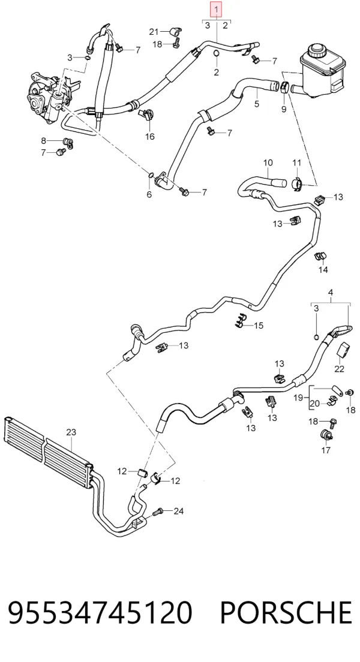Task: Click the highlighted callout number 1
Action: point(217,9)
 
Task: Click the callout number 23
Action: point(71,432)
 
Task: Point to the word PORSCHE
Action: point(286,612)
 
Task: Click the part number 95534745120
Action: point(100,612)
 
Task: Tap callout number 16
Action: point(149,136)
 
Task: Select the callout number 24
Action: point(179,511)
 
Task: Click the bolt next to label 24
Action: point(157,511)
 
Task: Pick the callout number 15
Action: point(258,325)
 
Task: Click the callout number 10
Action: point(268,163)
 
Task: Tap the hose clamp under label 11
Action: point(298,183)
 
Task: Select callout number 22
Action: point(339,369)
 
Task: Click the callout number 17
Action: point(326,450)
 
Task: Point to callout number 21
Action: point(154,31)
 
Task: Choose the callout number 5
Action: point(256,103)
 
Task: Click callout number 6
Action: point(149,194)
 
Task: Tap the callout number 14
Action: point(323,270)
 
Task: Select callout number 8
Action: point(43,140)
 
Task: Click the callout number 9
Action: point(284,109)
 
